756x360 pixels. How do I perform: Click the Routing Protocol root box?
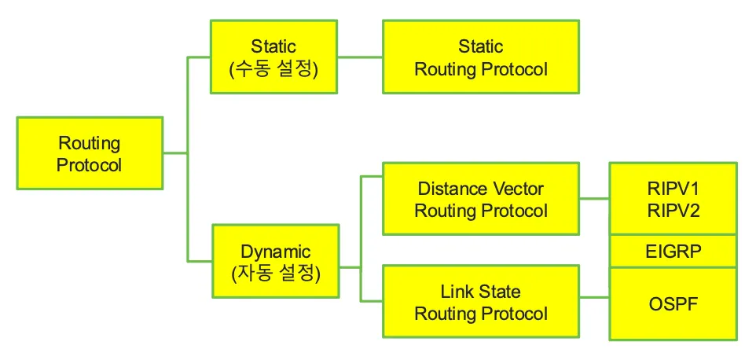[90, 153]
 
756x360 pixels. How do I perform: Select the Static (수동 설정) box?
[273, 57]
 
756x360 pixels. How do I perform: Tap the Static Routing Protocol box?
[480, 57]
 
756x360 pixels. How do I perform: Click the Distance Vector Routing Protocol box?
[480, 199]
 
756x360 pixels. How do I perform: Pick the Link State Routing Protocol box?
[480, 303]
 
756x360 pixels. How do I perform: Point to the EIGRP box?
[673, 252]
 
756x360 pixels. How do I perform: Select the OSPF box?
[673, 303]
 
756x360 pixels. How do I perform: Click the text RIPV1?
[673, 189]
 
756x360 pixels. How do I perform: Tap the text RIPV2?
[673, 210]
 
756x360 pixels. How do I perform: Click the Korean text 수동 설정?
[273, 68]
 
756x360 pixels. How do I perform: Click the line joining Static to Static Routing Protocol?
[361, 57]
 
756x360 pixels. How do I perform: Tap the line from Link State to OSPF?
[594, 297]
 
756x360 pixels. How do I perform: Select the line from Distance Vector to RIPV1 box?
[594, 199]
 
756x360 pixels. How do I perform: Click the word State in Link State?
[500, 292]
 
